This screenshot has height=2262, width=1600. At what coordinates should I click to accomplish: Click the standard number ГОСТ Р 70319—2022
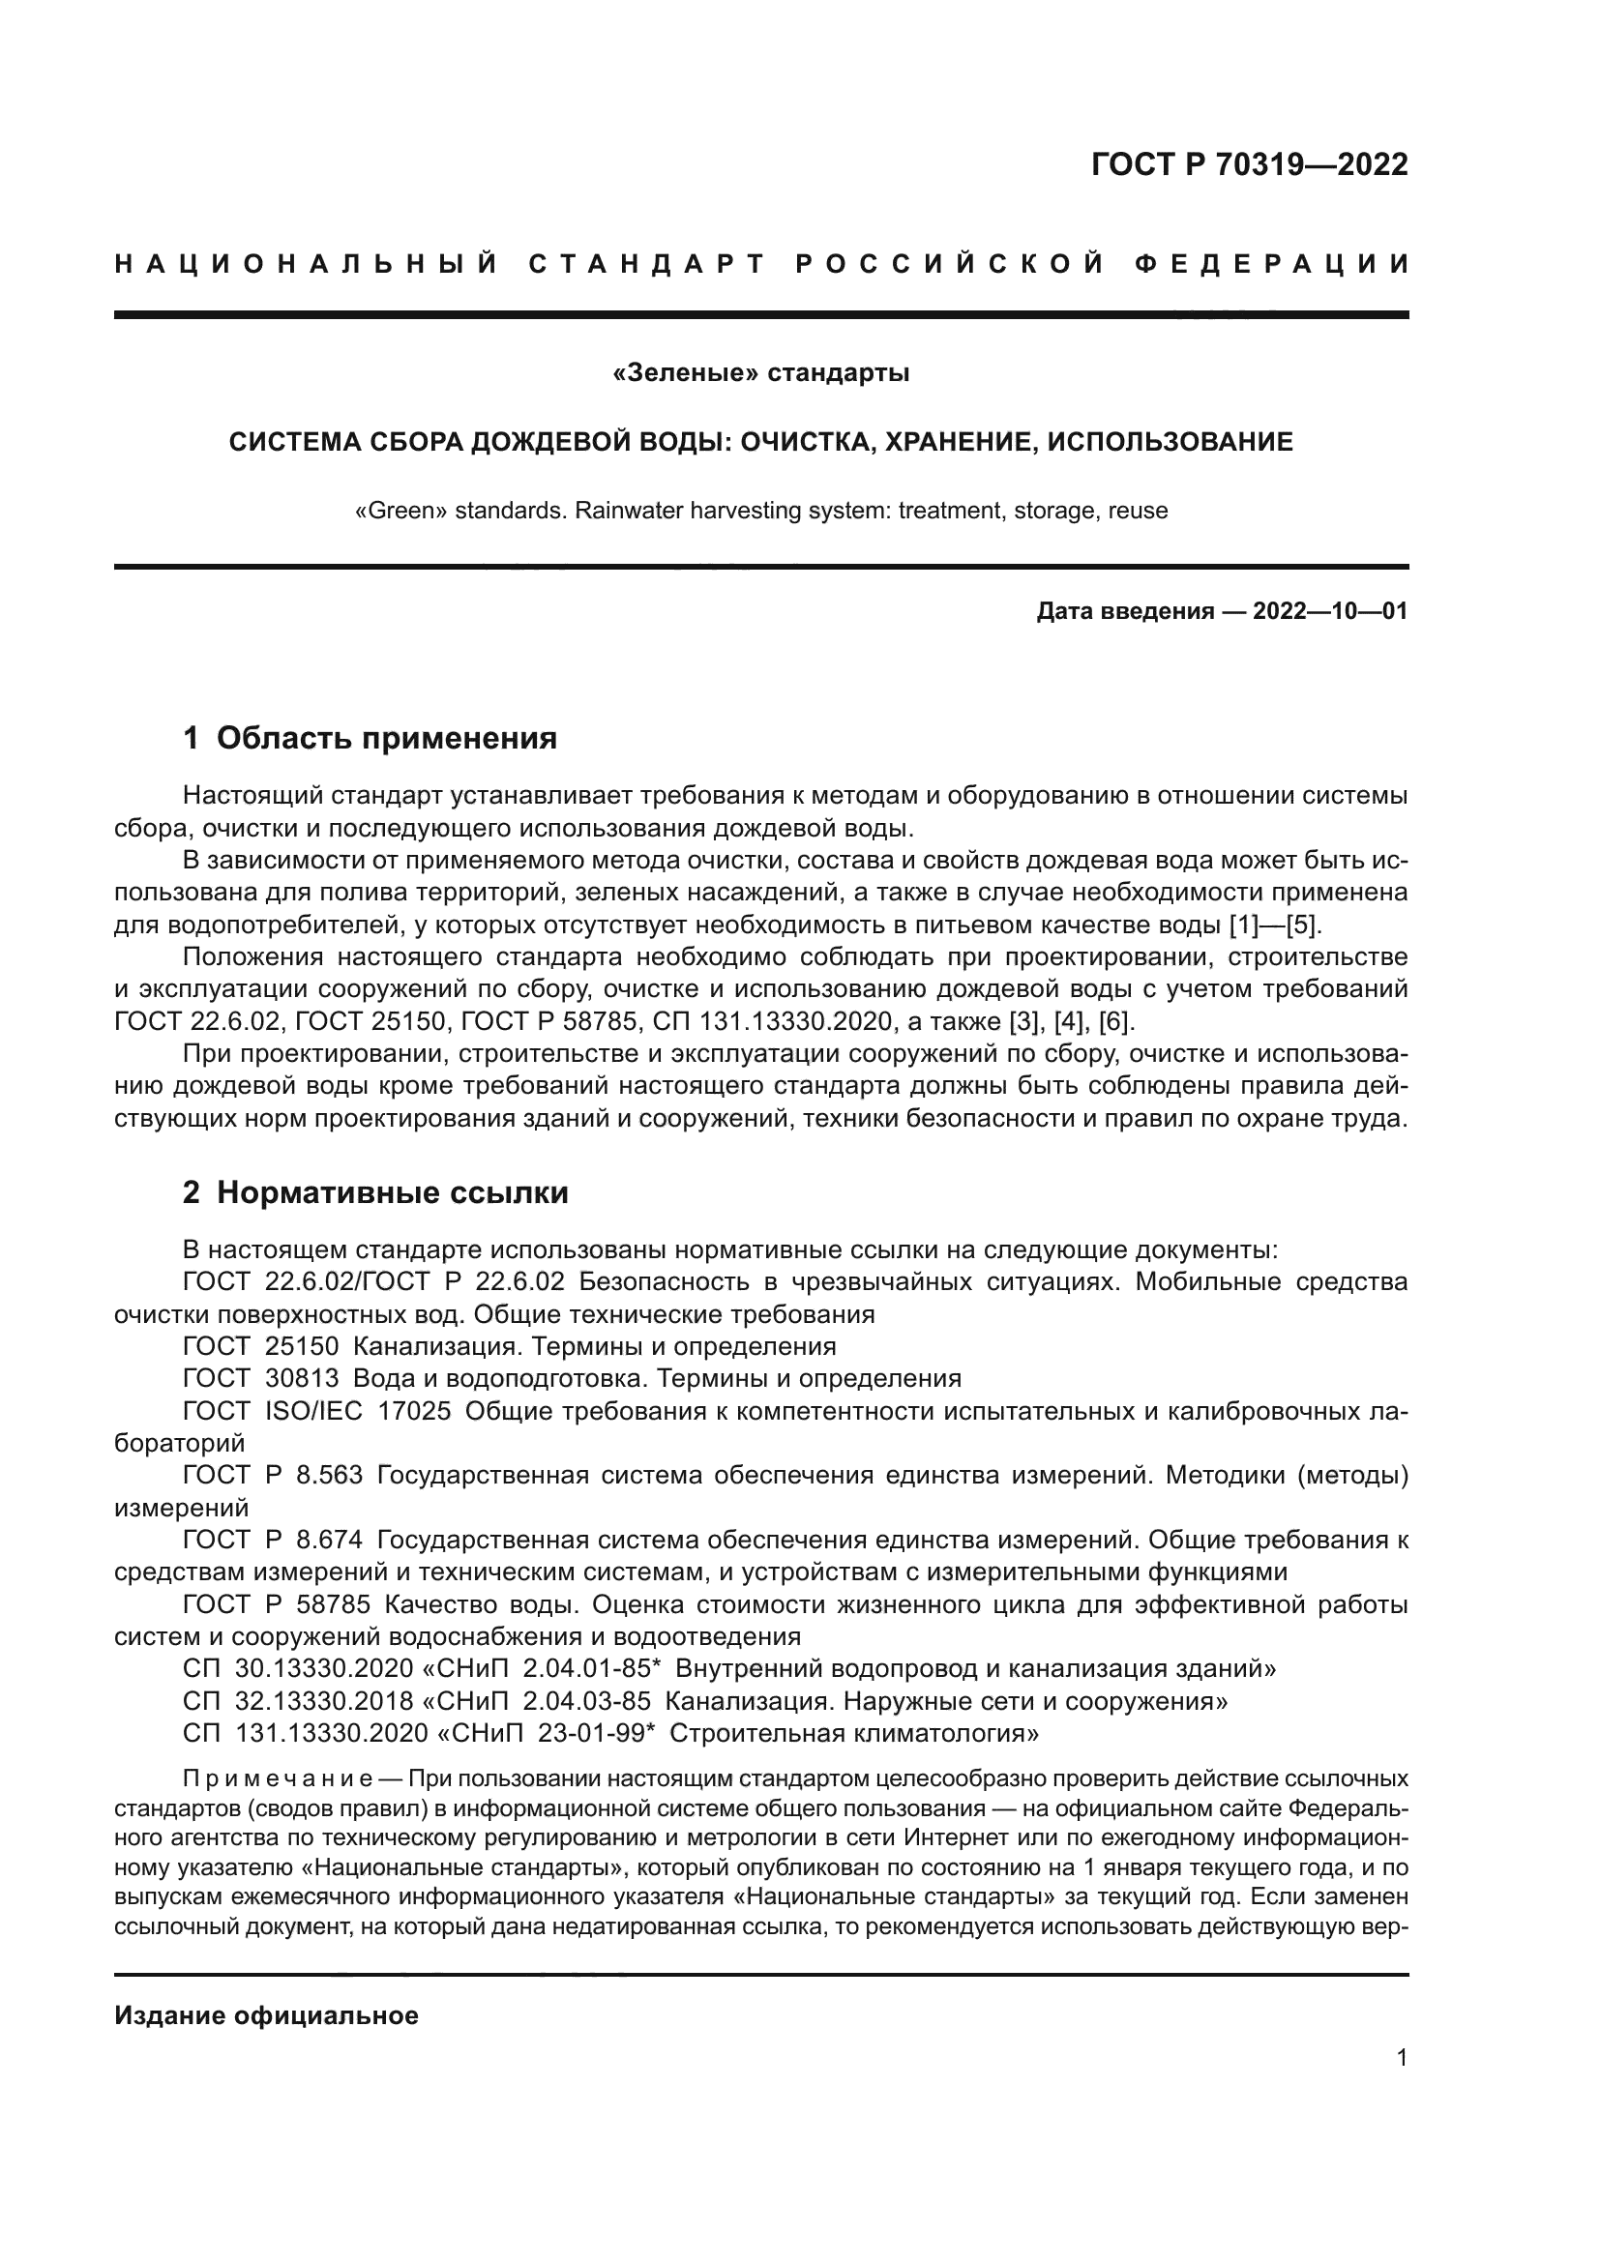pos(1248,164)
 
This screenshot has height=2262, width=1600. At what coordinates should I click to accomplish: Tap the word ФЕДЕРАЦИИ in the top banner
pos(1271,264)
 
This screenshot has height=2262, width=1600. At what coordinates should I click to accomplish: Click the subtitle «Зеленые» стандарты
pos(760,373)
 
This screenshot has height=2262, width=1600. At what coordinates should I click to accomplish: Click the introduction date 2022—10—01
pos(1329,611)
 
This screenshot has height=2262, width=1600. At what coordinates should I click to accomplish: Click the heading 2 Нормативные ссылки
pos(375,1192)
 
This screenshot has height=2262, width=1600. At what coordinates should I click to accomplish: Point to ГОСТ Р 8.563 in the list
pos(272,1475)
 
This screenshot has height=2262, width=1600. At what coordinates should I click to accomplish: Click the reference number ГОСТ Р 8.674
pos(272,1539)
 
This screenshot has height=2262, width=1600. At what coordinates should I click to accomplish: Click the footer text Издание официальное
pos(266,2015)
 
